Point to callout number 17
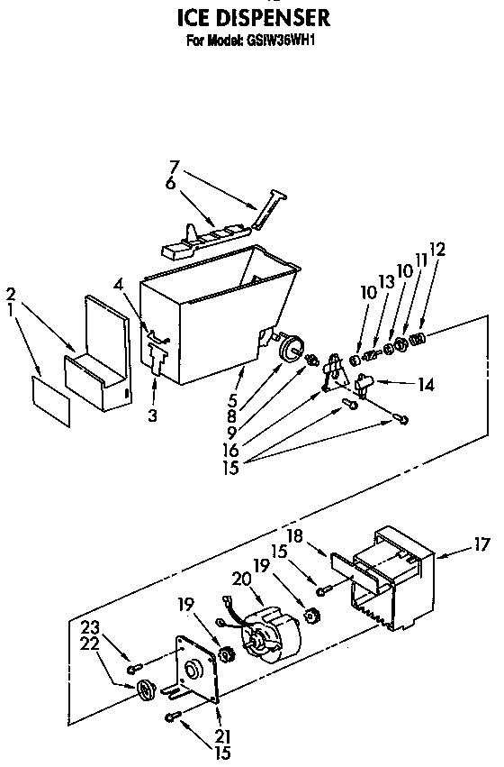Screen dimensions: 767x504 pyautogui.click(x=482, y=543)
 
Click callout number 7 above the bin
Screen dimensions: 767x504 pyautogui.click(x=175, y=166)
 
